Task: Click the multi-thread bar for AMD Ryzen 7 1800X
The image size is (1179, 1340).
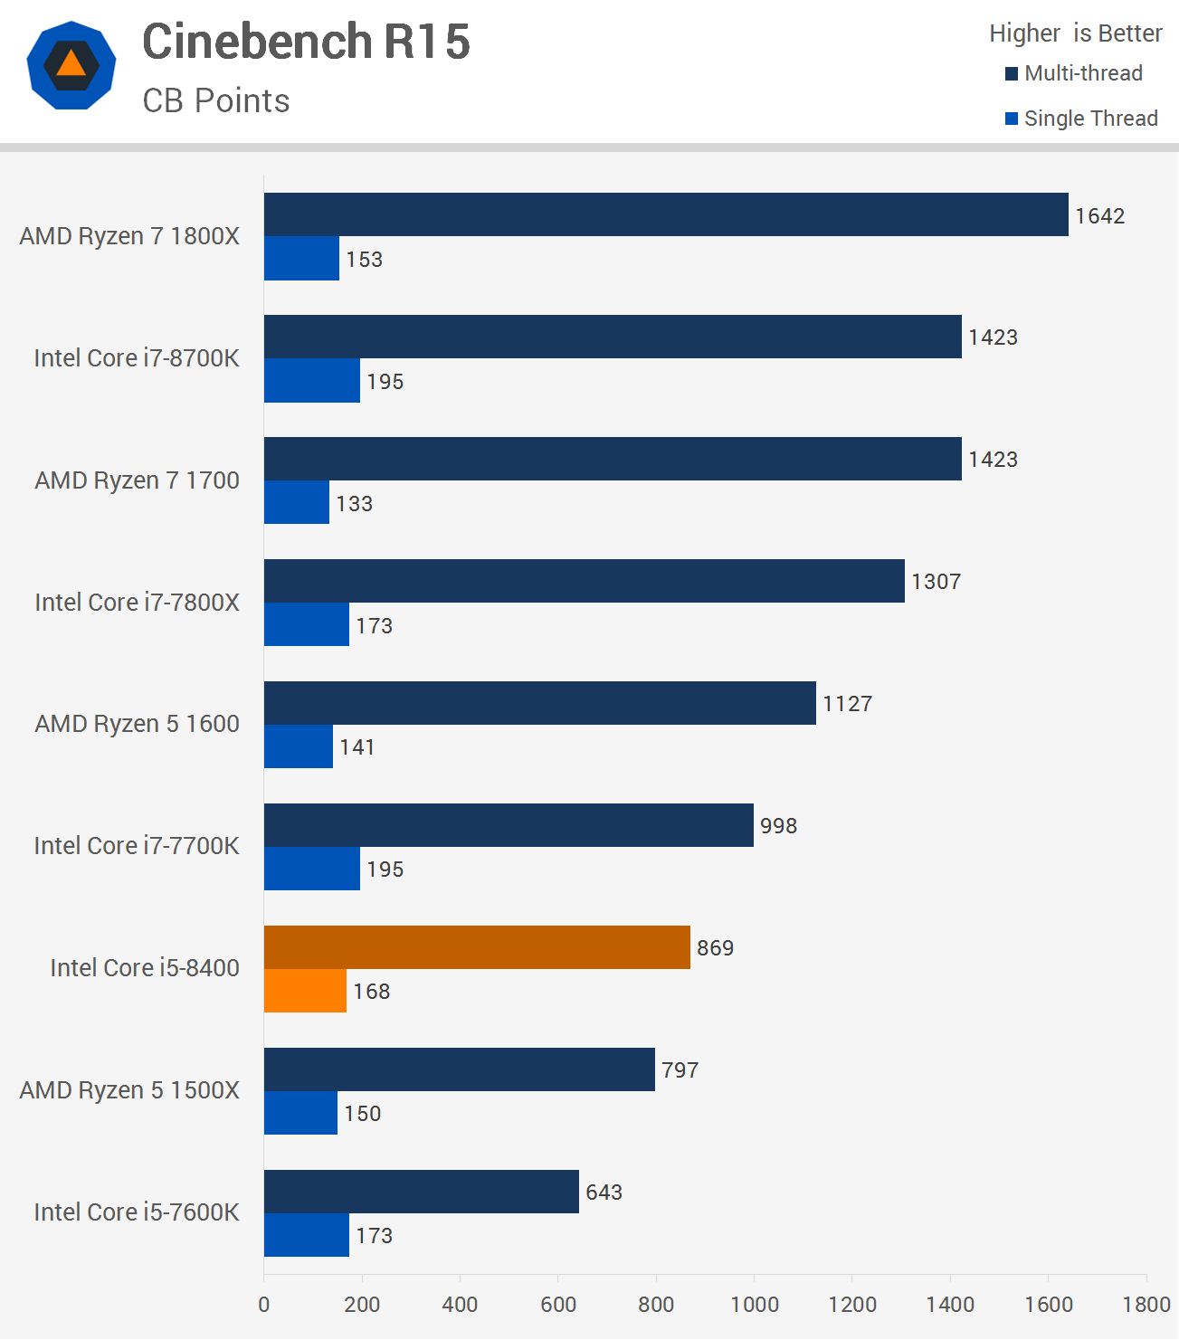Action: click(x=666, y=214)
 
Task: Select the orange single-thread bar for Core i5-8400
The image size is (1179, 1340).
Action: click(x=305, y=991)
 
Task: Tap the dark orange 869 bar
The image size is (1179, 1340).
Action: click(x=477, y=947)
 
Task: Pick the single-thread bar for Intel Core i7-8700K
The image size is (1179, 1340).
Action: click(x=312, y=381)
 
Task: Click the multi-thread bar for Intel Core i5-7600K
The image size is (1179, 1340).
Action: click(x=422, y=1192)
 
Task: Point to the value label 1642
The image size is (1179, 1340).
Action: click(x=1099, y=216)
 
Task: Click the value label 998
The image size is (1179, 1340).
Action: click(x=778, y=826)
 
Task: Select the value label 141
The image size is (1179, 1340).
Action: click(x=357, y=747)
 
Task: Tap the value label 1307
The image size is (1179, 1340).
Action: click(x=936, y=582)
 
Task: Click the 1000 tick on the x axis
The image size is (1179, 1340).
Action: click(x=755, y=1304)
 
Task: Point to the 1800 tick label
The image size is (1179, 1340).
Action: click(x=1146, y=1304)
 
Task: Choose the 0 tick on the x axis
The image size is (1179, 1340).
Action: click(x=264, y=1304)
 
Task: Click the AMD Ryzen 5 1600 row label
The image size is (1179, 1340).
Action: click(x=137, y=724)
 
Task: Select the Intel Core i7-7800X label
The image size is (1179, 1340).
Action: click(x=137, y=603)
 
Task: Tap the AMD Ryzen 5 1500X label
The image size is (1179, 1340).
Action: click(x=129, y=1090)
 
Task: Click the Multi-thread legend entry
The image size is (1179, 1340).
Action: click(x=1074, y=73)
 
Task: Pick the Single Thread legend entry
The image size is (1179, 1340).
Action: click(x=1081, y=119)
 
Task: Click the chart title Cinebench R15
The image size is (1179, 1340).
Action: click(x=306, y=42)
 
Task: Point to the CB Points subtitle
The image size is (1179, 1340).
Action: click(x=216, y=100)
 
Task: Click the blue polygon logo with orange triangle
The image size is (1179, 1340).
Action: click(x=71, y=65)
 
